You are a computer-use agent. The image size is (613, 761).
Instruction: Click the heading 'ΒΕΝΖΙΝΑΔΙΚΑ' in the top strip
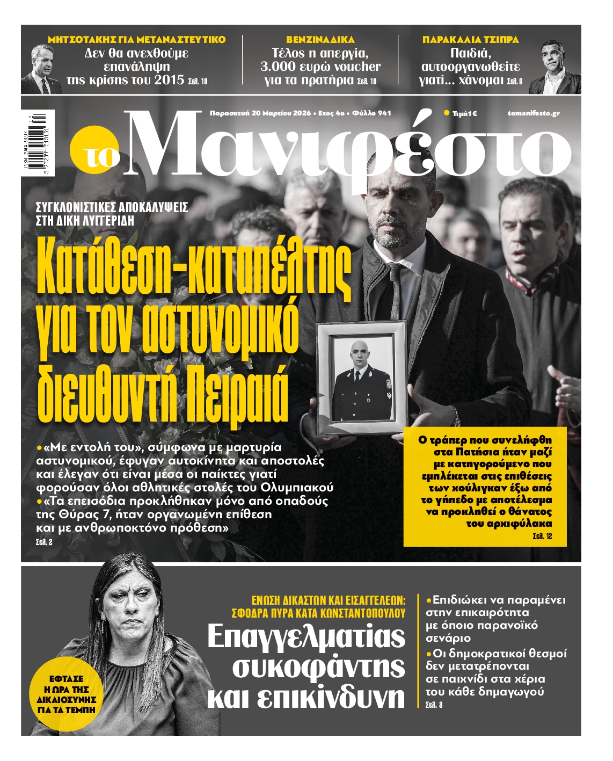[320, 40]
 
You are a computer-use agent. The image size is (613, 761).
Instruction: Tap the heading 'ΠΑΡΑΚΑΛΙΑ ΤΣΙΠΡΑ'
[470, 40]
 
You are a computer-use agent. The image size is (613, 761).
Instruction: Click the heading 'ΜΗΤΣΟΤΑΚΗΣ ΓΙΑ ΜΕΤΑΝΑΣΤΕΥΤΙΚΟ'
[137, 40]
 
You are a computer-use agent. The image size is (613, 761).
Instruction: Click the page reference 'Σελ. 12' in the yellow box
[542, 537]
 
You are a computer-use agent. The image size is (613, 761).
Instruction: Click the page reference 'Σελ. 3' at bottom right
[434, 705]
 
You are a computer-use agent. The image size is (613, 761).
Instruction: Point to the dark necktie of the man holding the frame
[396, 293]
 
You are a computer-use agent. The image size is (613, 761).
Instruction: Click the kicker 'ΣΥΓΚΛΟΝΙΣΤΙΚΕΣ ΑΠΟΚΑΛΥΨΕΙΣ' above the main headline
[112, 207]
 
